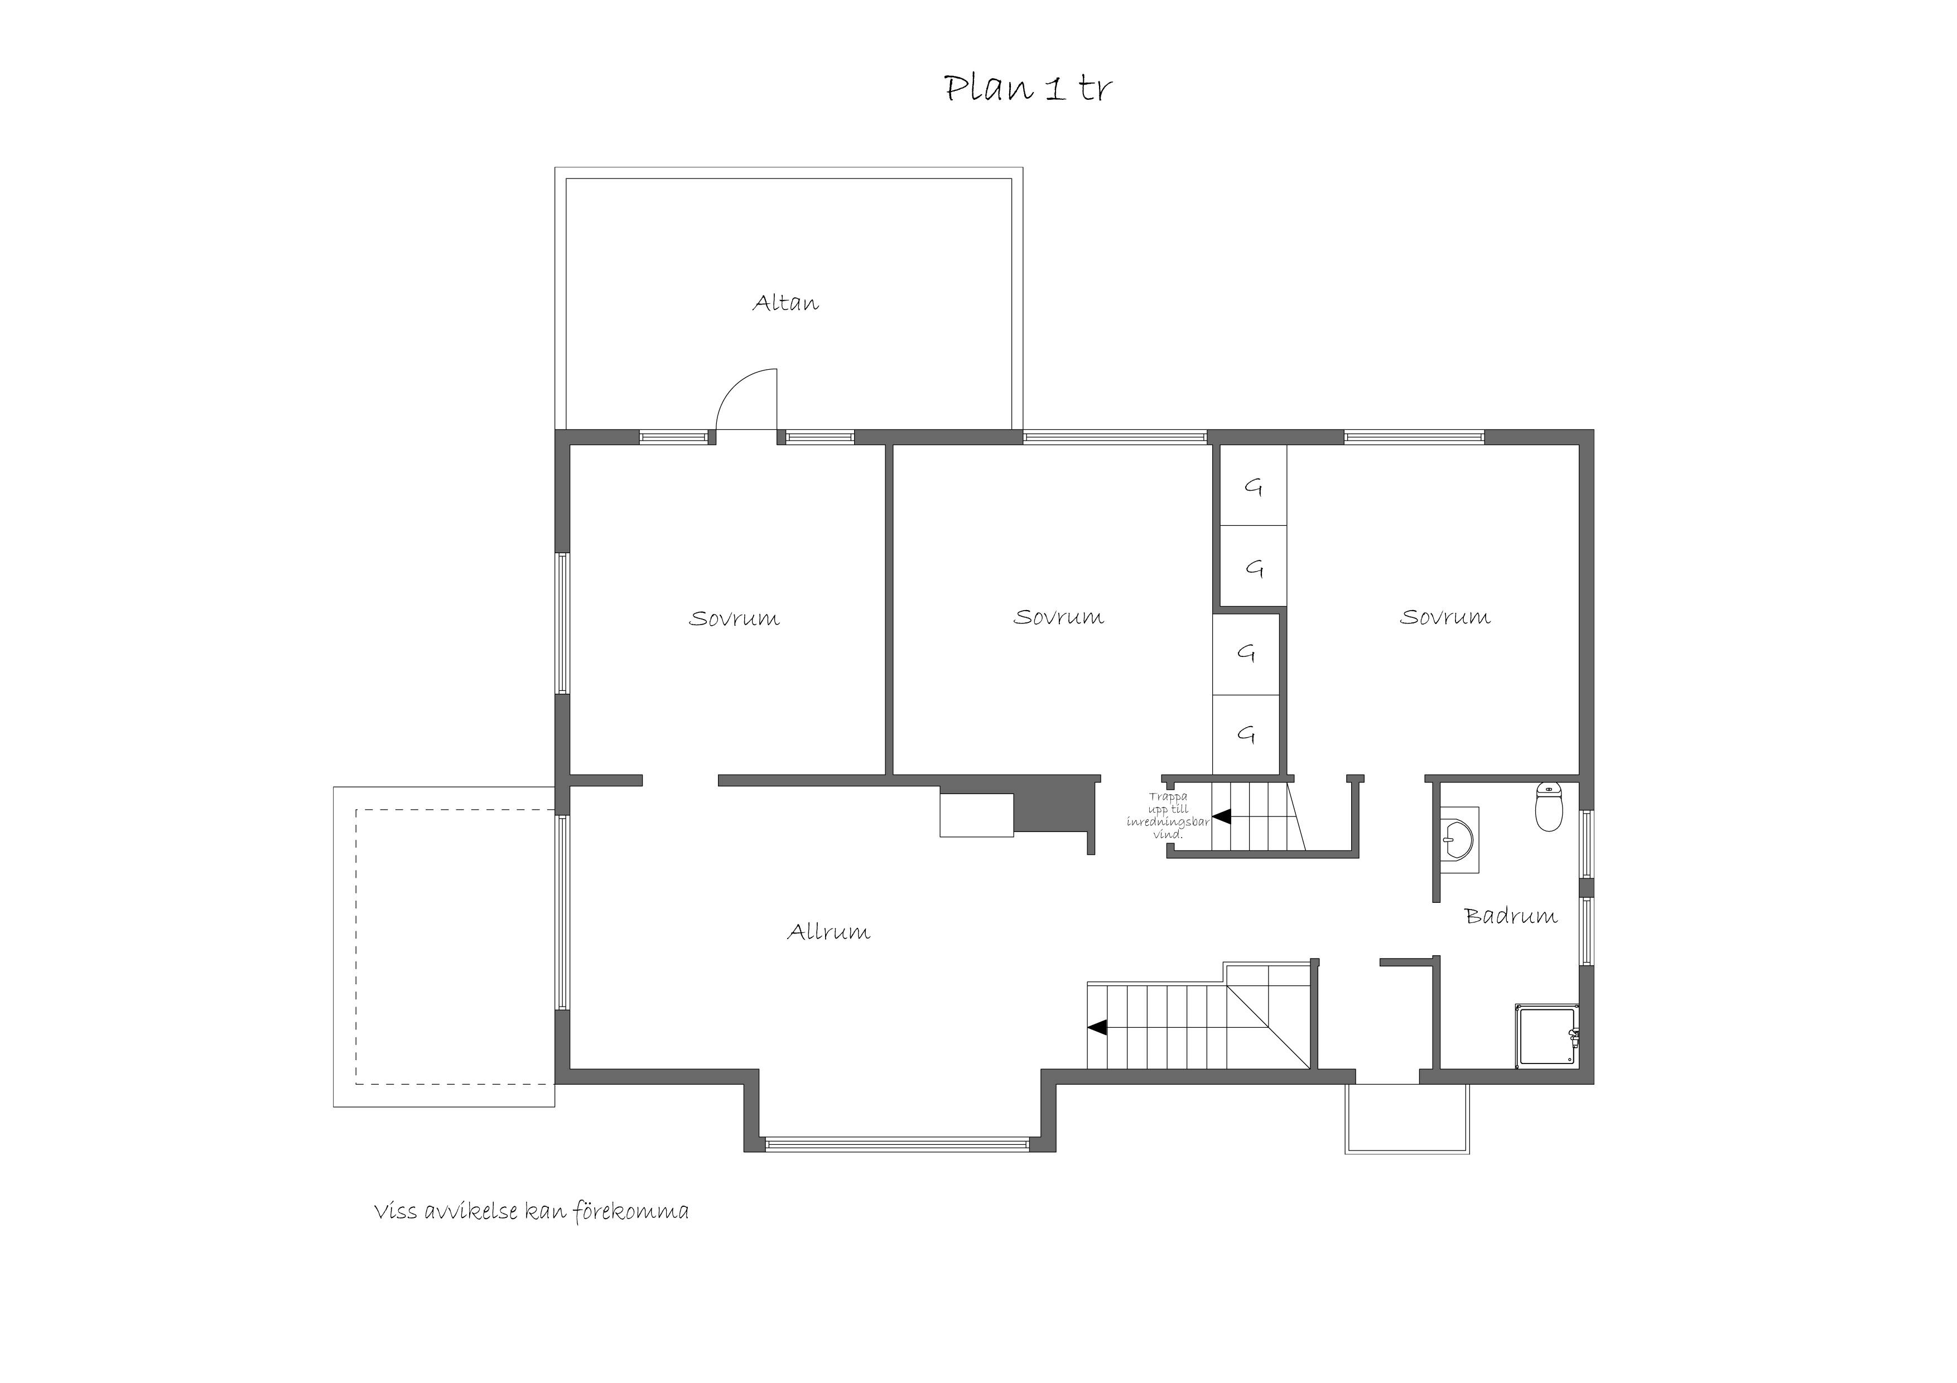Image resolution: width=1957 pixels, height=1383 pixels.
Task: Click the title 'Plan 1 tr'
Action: tap(1028, 88)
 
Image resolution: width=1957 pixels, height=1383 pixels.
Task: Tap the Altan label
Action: tap(785, 302)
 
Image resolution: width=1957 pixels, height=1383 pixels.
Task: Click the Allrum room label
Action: tap(828, 931)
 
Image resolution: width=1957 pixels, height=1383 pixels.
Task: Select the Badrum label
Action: tap(1510, 916)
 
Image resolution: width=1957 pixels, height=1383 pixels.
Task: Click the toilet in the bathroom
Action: tap(1549, 806)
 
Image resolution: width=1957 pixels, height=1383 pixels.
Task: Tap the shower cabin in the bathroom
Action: tap(1547, 1036)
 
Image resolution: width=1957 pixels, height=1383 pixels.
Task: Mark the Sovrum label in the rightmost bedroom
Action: tap(1445, 617)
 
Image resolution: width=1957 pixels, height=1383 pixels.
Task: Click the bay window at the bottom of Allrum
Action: tap(898, 1144)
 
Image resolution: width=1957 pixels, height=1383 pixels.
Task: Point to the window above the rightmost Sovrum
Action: tap(1415, 437)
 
